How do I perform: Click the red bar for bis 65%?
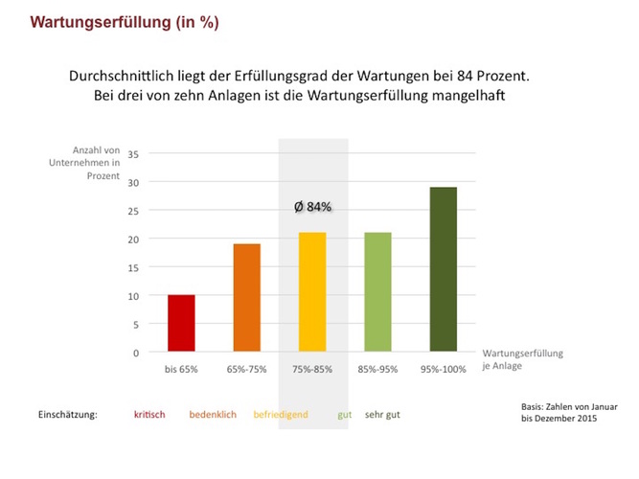[x=181, y=324]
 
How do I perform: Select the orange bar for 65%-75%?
[x=246, y=298]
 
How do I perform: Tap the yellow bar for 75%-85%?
[x=312, y=292]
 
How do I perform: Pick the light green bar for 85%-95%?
[x=377, y=292]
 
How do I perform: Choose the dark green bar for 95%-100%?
[x=443, y=270]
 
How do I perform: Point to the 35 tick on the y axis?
[x=133, y=154]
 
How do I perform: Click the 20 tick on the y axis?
[x=133, y=239]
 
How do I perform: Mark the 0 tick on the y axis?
[x=136, y=353]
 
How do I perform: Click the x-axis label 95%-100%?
[x=443, y=369]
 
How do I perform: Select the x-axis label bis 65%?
[x=181, y=369]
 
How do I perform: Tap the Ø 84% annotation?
[x=312, y=206]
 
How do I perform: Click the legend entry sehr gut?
[x=382, y=415]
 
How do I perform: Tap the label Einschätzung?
[x=68, y=415]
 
